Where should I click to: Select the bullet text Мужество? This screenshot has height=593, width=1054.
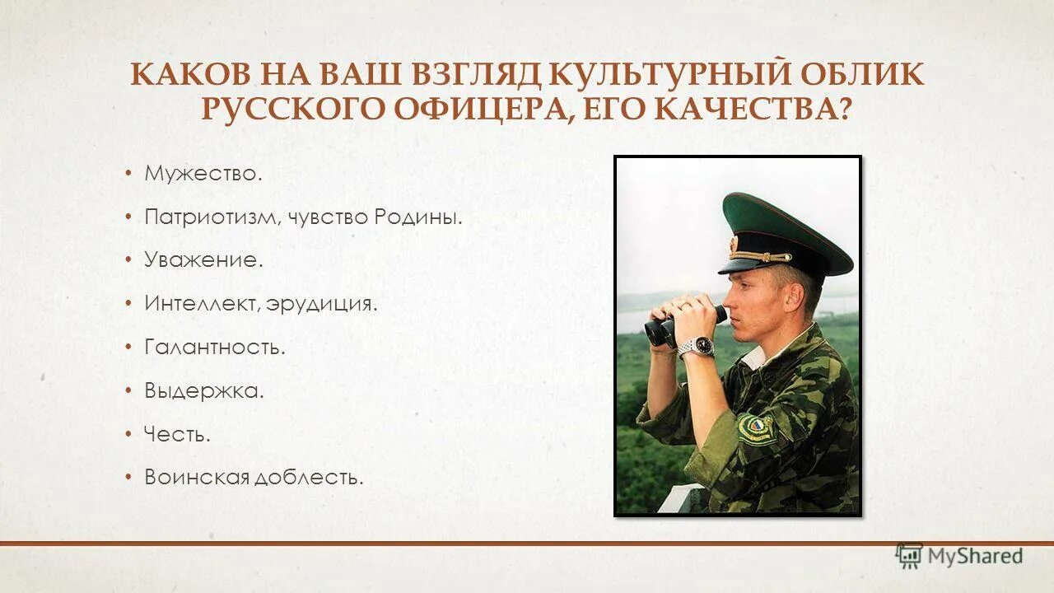(x=203, y=174)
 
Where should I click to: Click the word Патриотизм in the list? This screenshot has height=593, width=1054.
(x=213, y=217)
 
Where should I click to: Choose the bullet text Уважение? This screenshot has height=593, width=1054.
(x=203, y=260)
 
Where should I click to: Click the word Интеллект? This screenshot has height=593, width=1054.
(x=202, y=303)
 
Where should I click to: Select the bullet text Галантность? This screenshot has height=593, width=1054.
(x=215, y=347)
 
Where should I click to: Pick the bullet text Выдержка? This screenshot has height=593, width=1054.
(x=204, y=390)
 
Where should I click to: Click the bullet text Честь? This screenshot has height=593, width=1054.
(x=177, y=433)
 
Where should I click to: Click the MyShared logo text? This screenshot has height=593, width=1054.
(x=974, y=556)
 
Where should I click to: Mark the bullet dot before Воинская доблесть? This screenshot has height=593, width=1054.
(x=128, y=477)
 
